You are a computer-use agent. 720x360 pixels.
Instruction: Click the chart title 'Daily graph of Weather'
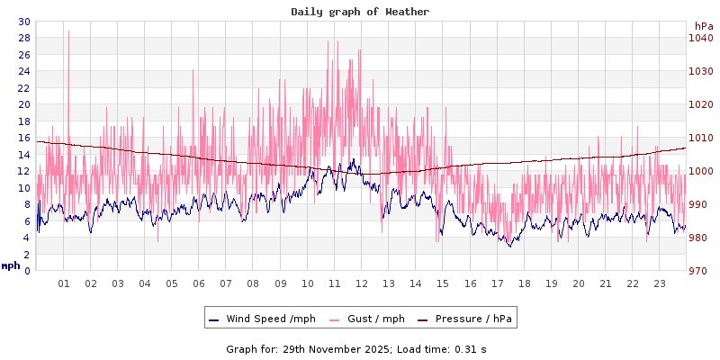tap(360, 12)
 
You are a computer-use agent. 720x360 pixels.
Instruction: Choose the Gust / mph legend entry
tap(373, 319)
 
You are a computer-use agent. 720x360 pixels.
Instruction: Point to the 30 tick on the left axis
tap(23, 22)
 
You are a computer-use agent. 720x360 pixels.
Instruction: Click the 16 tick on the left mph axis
tap(23, 138)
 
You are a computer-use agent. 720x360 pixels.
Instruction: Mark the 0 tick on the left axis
tap(27, 271)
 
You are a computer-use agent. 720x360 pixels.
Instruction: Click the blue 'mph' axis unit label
tap(11, 265)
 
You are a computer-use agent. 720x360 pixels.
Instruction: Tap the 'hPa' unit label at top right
tap(703, 26)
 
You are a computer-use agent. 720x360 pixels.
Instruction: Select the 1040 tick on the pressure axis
tap(701, 38)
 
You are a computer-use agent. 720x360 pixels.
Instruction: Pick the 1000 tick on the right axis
tap(701, 171)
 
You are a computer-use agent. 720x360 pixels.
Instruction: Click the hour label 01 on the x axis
tap(64, 283)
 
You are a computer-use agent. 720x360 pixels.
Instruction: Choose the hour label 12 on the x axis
tap(362, 283)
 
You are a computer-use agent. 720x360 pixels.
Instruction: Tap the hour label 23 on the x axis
tap(659, 283)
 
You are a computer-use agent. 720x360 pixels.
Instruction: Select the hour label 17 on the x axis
tap(497, 283)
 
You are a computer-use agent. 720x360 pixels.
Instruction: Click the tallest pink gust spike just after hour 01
tap(68, 32)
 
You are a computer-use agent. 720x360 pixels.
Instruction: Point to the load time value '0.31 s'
tap(471, 349)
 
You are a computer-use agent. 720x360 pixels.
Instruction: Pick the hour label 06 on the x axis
tap(199, 283)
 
